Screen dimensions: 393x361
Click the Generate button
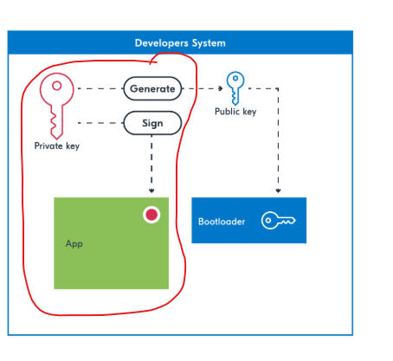click(152, 88)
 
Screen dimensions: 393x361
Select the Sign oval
click(152, 123)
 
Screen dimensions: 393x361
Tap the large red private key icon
click(56, 106)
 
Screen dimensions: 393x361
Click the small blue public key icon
click(235, 88)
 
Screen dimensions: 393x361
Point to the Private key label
click(57, 146)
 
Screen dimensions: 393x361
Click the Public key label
click(235, 112)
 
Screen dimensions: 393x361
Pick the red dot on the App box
click(151, 215)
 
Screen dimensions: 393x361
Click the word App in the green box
click(74, 244)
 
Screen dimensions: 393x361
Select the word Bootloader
click(222, 222)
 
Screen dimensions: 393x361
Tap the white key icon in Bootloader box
click(278, 221)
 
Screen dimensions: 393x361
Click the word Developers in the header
click(162, 43)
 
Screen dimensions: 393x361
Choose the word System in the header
click(209, 43)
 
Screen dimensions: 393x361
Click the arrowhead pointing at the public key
click(221, 88)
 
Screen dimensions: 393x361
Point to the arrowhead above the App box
click(151, 190)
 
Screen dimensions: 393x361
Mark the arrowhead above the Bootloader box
click(278, 190)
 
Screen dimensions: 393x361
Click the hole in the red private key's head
click(57, 86)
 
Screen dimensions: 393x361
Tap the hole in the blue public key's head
click(235, 78)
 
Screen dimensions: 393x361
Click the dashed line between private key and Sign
click(100, 123)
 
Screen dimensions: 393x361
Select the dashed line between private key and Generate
click(100, 88)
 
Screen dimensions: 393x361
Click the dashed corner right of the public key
click(278, 88)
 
